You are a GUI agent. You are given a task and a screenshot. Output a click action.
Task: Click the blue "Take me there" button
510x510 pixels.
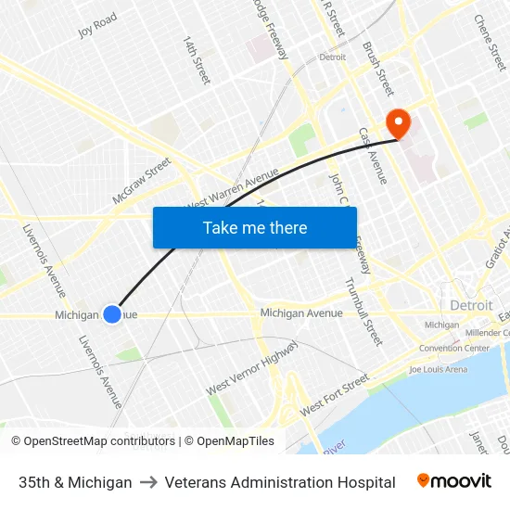pyautogui.click(x=255, y=227)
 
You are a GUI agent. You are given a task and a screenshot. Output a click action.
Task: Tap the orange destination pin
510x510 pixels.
pyautogui.click(x=399, y=122)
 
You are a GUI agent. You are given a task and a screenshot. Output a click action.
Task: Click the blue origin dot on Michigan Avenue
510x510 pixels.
pyautogui.click(x=112, y=314)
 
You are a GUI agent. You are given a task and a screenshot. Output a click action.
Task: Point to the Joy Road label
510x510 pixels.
pyautogui.click(x=97, y=25)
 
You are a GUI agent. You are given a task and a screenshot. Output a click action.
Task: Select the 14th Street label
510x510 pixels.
pyautogui.click(x=197, y=61)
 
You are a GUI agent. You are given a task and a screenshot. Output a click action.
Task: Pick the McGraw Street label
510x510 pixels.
pyautogui.click(x=142, y=180)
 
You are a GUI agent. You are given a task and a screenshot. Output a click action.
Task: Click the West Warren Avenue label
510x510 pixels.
pyautogui.click(x=233, y=188)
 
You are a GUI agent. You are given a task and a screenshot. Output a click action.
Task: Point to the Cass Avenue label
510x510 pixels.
pyautogui.click(x=373, y=155)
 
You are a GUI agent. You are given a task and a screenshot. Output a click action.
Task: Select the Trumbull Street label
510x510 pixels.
pyautogui.click(x=363, y=311)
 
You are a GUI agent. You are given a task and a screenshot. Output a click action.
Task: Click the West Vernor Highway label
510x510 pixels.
pyautogui.click(x=252, y=367)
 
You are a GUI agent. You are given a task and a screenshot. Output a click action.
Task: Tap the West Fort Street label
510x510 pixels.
pyautogui.click(x=335, y=395)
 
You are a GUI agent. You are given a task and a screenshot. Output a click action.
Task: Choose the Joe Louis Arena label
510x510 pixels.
pyautogui.click(x=439, y=369)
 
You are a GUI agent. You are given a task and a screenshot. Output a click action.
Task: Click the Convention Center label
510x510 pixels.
pyautogui.click(x=454, y=349)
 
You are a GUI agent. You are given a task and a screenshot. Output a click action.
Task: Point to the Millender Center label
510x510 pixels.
pyautogui.click(x=489, y=332)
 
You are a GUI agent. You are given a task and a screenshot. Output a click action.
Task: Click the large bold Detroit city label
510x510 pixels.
pyautogui.click(x=471, y=305)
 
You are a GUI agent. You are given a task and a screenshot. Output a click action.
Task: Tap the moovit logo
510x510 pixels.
pyautogui.click(x=454, y=481)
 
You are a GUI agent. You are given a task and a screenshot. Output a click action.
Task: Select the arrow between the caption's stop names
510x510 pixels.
pyautogui.click(x=148, y=482)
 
